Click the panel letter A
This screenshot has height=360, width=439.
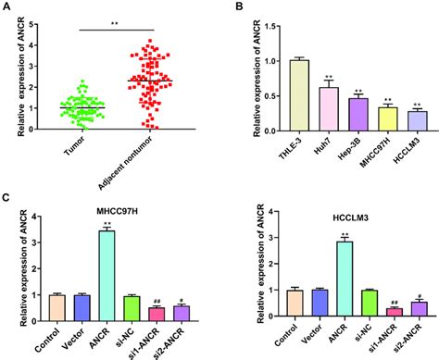(7, 6)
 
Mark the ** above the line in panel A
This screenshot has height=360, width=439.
(112, 22)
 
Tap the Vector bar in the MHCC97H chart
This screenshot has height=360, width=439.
(82, 302)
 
